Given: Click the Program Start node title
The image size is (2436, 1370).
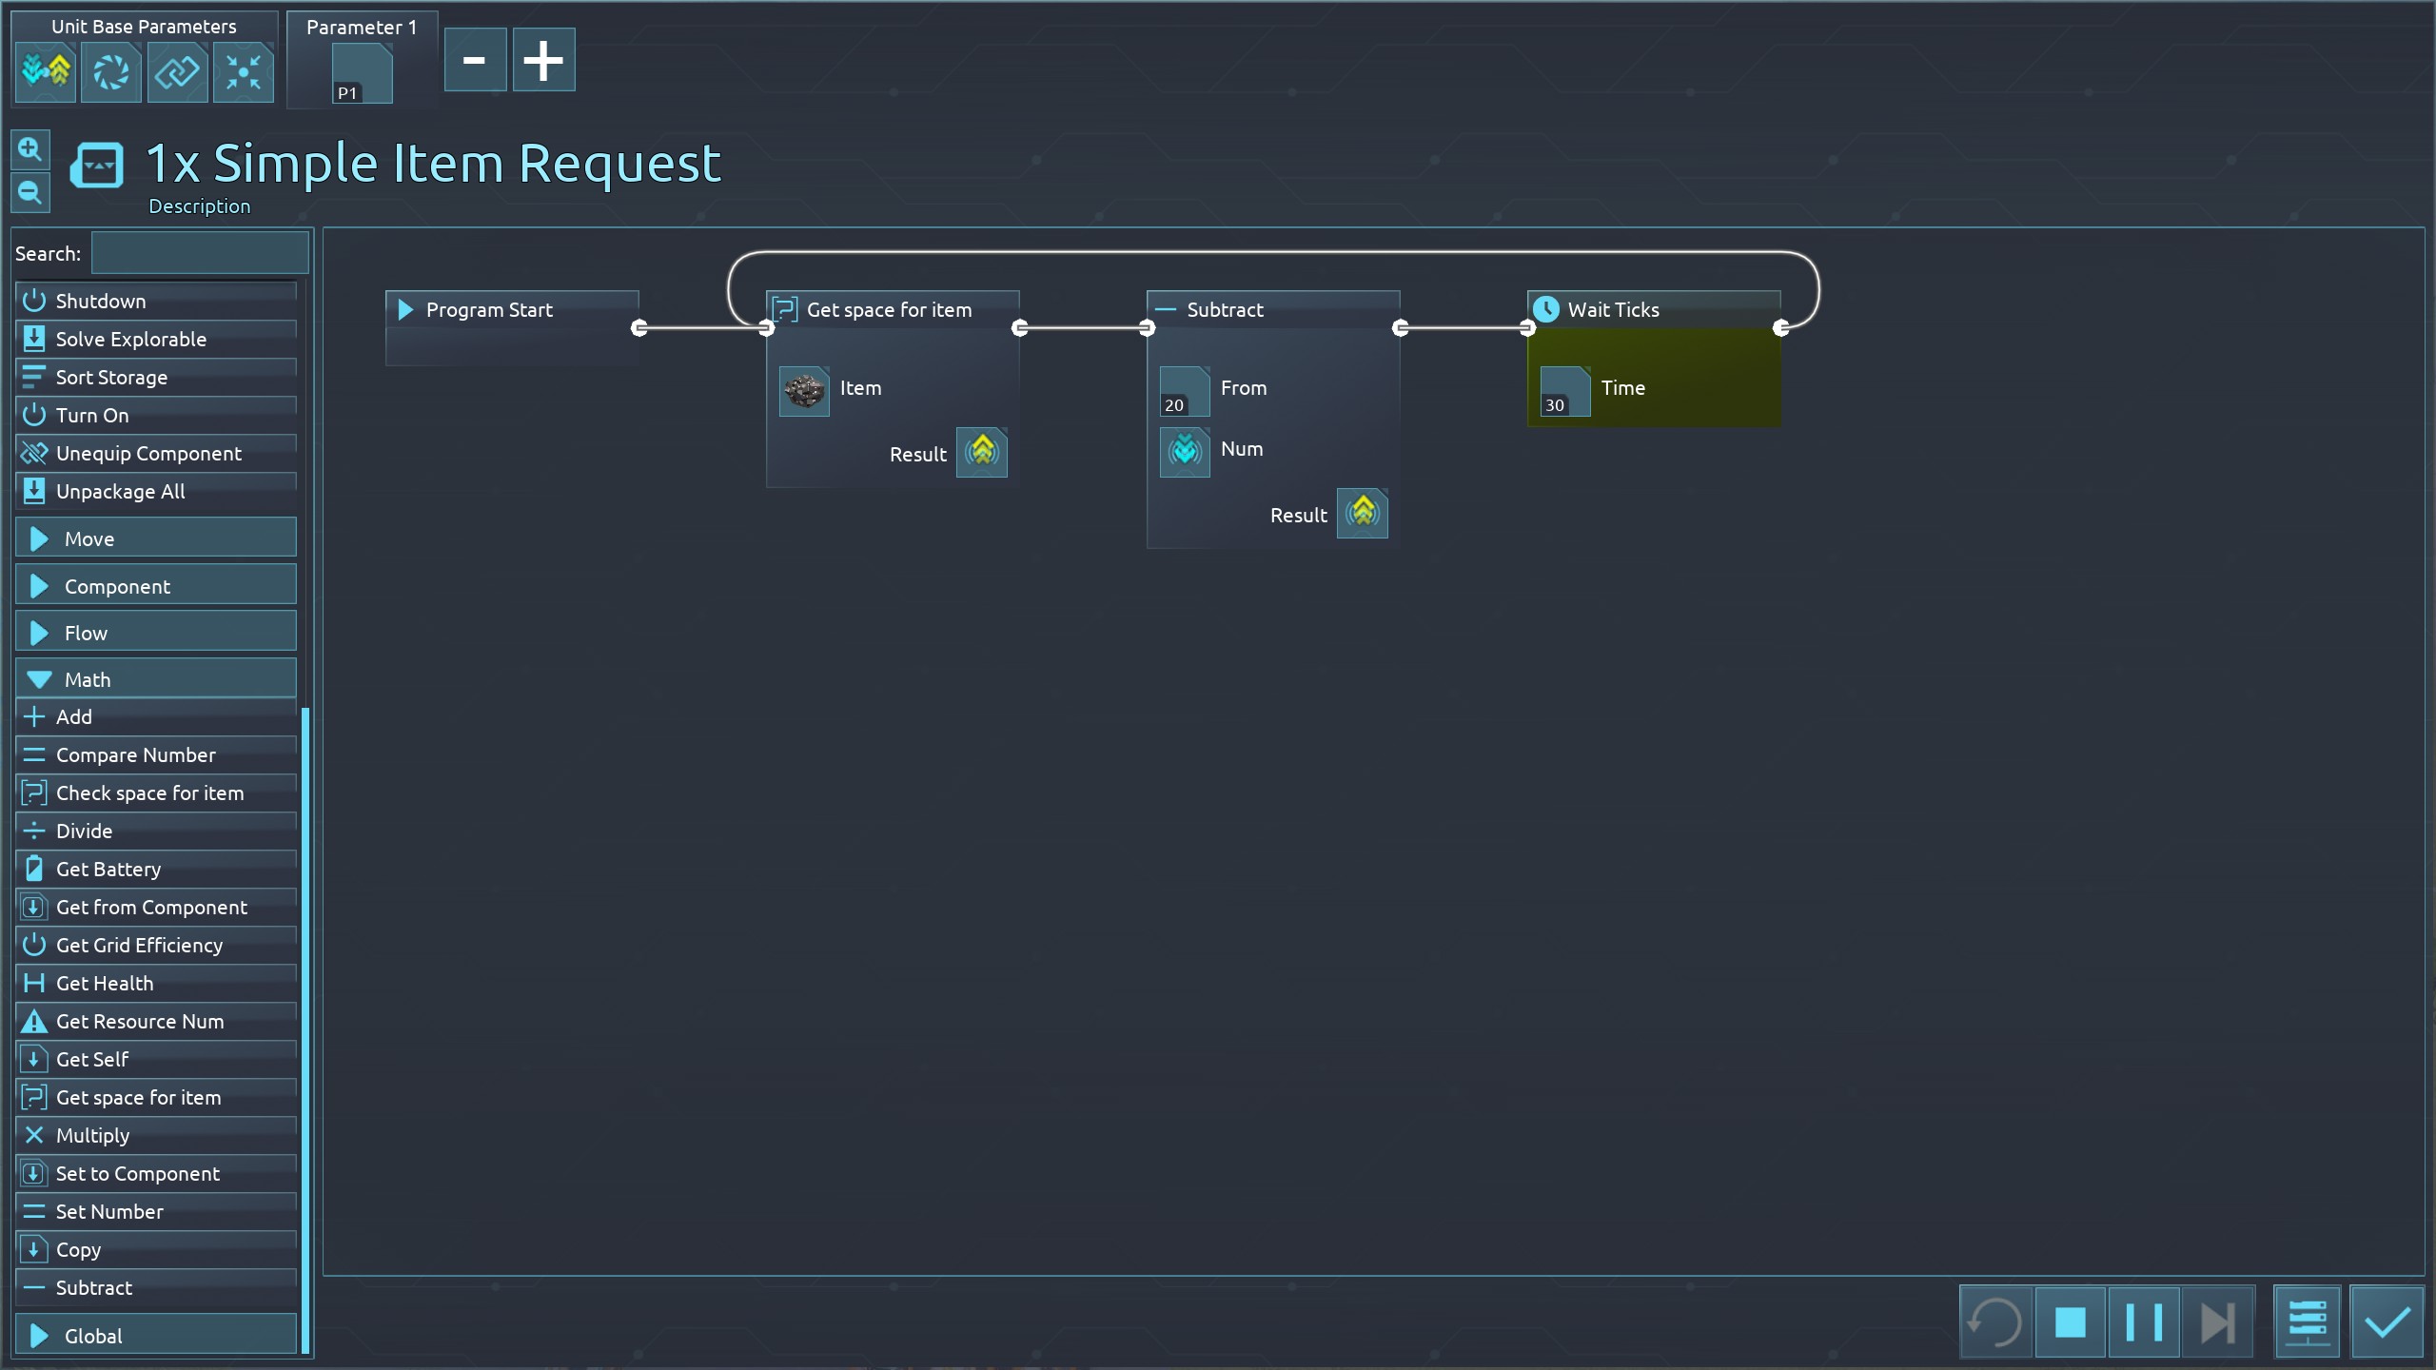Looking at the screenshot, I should click(489, 310).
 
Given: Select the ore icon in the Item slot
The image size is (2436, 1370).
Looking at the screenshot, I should click(804, 390).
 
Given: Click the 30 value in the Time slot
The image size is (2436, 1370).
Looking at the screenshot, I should click(1564, 391).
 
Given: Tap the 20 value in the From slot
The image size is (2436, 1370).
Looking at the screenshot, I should click(1184, 391).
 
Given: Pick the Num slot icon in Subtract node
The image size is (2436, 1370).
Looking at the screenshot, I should click(1185, 451).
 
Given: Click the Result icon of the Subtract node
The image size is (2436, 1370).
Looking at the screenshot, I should click(1362, 514).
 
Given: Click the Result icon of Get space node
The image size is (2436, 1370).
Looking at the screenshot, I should click(981, 453).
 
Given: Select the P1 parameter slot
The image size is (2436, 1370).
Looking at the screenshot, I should click(362, 74).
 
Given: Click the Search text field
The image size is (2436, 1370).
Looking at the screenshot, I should click(200, 254).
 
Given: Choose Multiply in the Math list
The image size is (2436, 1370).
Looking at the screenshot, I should click(92, 1136).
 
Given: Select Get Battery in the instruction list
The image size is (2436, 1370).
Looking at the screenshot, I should click(108, 870).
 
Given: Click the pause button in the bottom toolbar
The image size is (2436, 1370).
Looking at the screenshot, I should click(2143, 1322).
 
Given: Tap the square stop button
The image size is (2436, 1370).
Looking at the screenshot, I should click(2070, 1322).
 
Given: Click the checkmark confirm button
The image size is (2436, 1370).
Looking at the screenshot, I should click(2386, 1322).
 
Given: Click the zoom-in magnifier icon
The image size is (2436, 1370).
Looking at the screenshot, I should click(29, 150).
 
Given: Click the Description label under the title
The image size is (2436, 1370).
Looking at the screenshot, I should click(200, 206).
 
